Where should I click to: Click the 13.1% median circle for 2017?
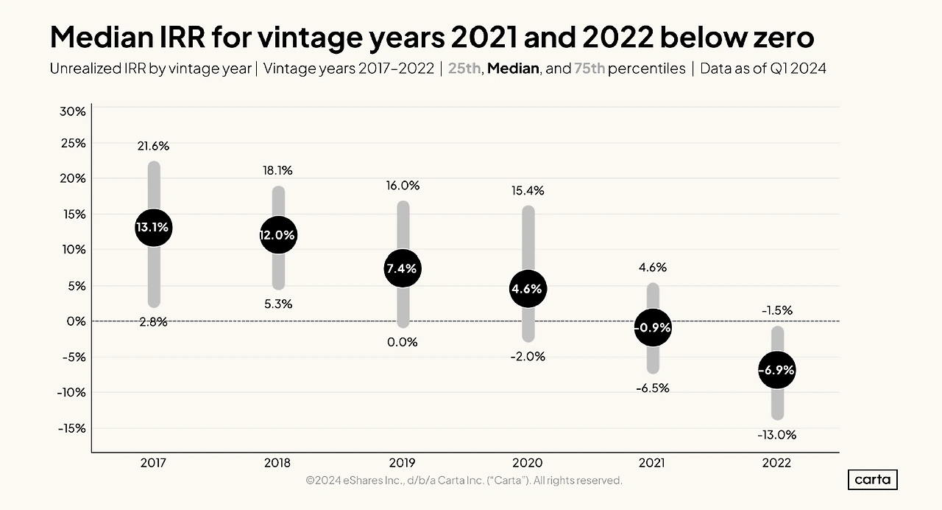point(154,228)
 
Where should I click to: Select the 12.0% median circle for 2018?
point(278,235)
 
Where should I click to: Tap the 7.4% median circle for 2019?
point(403,268)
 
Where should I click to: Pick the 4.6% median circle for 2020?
point(528,289)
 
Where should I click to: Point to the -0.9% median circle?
point(653,327)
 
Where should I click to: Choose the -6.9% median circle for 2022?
point(776,370)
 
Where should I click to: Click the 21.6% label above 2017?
point(153,146)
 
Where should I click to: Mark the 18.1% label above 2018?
point(277,170)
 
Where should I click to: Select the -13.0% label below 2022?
point(776,435)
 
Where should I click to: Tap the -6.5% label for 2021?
point(653,388)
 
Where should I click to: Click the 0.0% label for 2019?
point(403,342)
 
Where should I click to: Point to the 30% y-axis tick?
point(73,111)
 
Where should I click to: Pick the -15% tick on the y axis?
point(72,429)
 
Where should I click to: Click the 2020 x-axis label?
point(528,463)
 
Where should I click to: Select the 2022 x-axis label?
point(776,463)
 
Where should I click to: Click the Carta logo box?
point(873,480)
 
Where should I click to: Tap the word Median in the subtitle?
point(513,69)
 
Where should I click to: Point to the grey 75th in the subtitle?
point(589,69)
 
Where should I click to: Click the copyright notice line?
point(464,481)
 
